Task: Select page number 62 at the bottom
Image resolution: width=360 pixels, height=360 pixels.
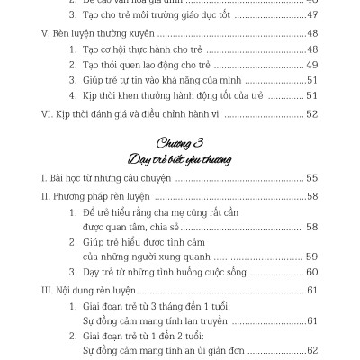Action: [312, 351]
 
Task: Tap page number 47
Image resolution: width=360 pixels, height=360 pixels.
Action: [312, 17]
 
